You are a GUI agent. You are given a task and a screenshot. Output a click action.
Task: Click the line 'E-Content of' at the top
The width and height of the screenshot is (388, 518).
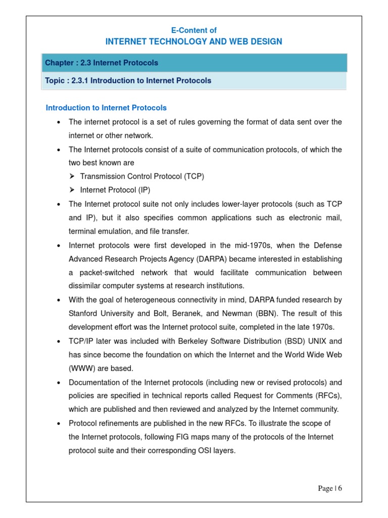point(194,30)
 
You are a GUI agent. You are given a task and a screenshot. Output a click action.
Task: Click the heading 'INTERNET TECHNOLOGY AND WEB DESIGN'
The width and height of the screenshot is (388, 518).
point(194,41)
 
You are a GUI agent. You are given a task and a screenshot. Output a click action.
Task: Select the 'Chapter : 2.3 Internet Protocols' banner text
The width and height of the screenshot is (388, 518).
point(102,63)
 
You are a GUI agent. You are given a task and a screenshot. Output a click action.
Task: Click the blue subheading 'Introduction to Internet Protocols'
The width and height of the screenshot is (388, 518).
point(106,108)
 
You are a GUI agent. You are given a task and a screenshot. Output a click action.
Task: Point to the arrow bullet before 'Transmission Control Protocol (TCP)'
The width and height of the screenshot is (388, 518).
point(72,177)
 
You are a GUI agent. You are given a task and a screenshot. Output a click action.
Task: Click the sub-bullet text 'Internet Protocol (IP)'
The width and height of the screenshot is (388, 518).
point(115,190)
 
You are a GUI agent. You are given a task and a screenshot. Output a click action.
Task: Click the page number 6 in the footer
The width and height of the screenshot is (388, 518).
point(340,488)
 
